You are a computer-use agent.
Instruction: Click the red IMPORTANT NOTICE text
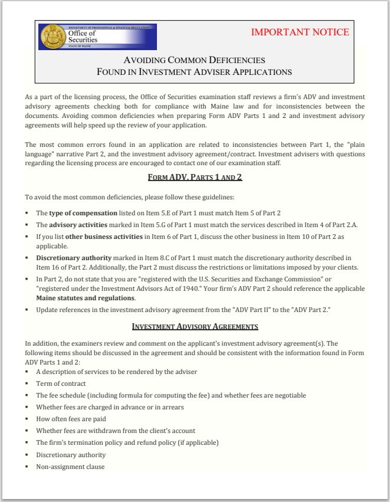[300, 32]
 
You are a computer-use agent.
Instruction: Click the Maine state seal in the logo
[52, 37]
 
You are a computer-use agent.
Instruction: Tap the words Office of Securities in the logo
[83, 37]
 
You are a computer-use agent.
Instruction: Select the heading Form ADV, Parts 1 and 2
[195, 177]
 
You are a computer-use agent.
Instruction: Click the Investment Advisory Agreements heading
[195, 326]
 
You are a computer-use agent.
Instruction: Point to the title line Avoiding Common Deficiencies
[194, 60]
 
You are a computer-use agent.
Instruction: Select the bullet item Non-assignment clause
[70, 467]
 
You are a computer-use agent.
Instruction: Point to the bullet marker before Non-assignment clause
[27, 467]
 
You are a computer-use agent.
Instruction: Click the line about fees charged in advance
[110, 407]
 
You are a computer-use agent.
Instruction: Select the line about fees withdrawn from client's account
[116, 431]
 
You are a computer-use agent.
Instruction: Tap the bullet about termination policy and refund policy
[127, 442]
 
